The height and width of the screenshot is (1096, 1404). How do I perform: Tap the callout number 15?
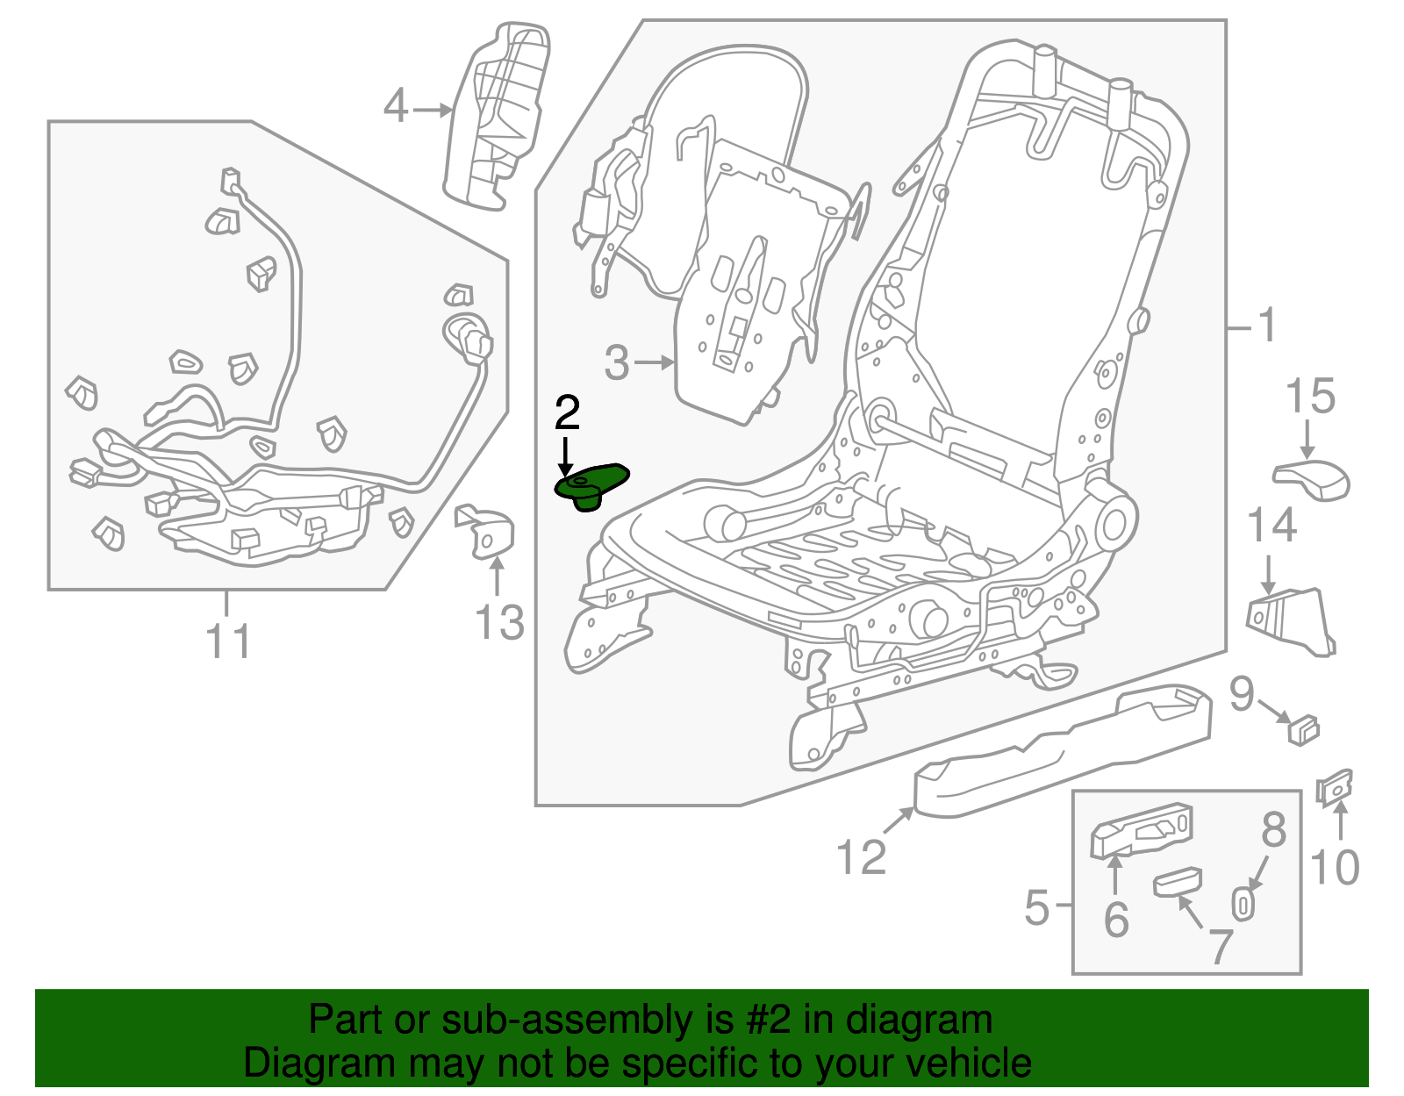click(1310, 397)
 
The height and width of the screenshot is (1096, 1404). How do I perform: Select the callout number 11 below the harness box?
click(228, 641)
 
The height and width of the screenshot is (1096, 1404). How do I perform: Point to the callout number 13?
click(499, 623)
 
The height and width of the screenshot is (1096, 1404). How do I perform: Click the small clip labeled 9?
click(1304, 728)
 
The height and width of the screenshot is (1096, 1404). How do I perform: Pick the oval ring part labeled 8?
click(1243, 903)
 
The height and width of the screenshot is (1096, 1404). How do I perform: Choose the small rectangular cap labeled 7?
click(1178, 881)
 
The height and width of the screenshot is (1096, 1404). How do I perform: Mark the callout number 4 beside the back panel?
click(396, 107)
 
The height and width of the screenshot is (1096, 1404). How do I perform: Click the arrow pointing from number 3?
click(655, 362)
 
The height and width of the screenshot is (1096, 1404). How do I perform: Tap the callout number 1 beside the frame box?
click(1266, 326)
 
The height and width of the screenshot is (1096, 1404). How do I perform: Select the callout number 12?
click(861, 856)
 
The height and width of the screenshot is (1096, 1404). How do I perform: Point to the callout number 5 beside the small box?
click(1036, 906)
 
